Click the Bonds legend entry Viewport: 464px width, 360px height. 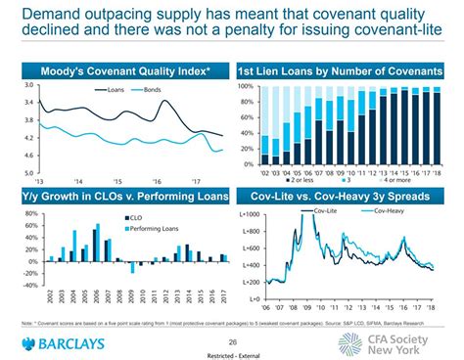pyautogui.click(x=149, y=90)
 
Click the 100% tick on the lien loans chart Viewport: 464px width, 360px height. pyautogui.click(x=246, y=87)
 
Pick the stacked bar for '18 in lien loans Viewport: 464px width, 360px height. pyautogui.click(x=438, y=127)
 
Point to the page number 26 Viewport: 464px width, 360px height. pyautogui.click(x=232, y=341)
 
